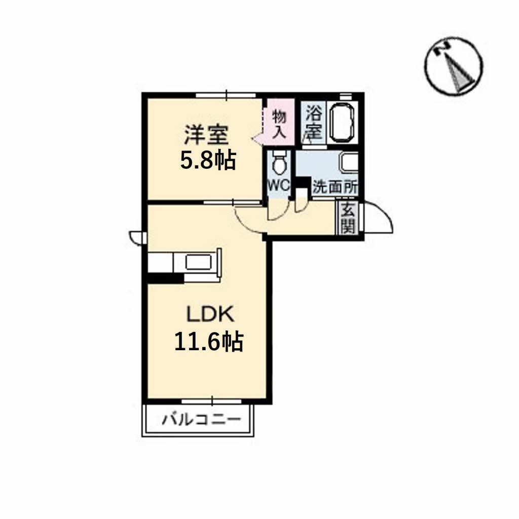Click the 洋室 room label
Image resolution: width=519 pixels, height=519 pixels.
pyautogui.click(x=206, y=135)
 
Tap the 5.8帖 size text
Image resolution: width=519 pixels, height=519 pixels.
pyautogui.click(x=208, y=160)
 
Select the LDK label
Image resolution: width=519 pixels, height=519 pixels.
pyautogui.click(x=210, y=314)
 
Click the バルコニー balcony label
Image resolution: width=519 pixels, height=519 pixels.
pyautogui.click(x=201, y=420)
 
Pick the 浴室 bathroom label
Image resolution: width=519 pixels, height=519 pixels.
pyautogui.click(x=313, y=122)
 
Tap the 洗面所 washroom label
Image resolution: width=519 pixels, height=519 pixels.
pyautogui.click(x=335, y=188)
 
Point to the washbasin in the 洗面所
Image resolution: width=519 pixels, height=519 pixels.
pyautogui.click(x=349, y=163)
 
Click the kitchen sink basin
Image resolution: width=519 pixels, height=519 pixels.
pyautogui.click(x=198, y=262)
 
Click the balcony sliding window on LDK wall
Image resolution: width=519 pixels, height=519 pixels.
pyautogui.click(x=211, y=401)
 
